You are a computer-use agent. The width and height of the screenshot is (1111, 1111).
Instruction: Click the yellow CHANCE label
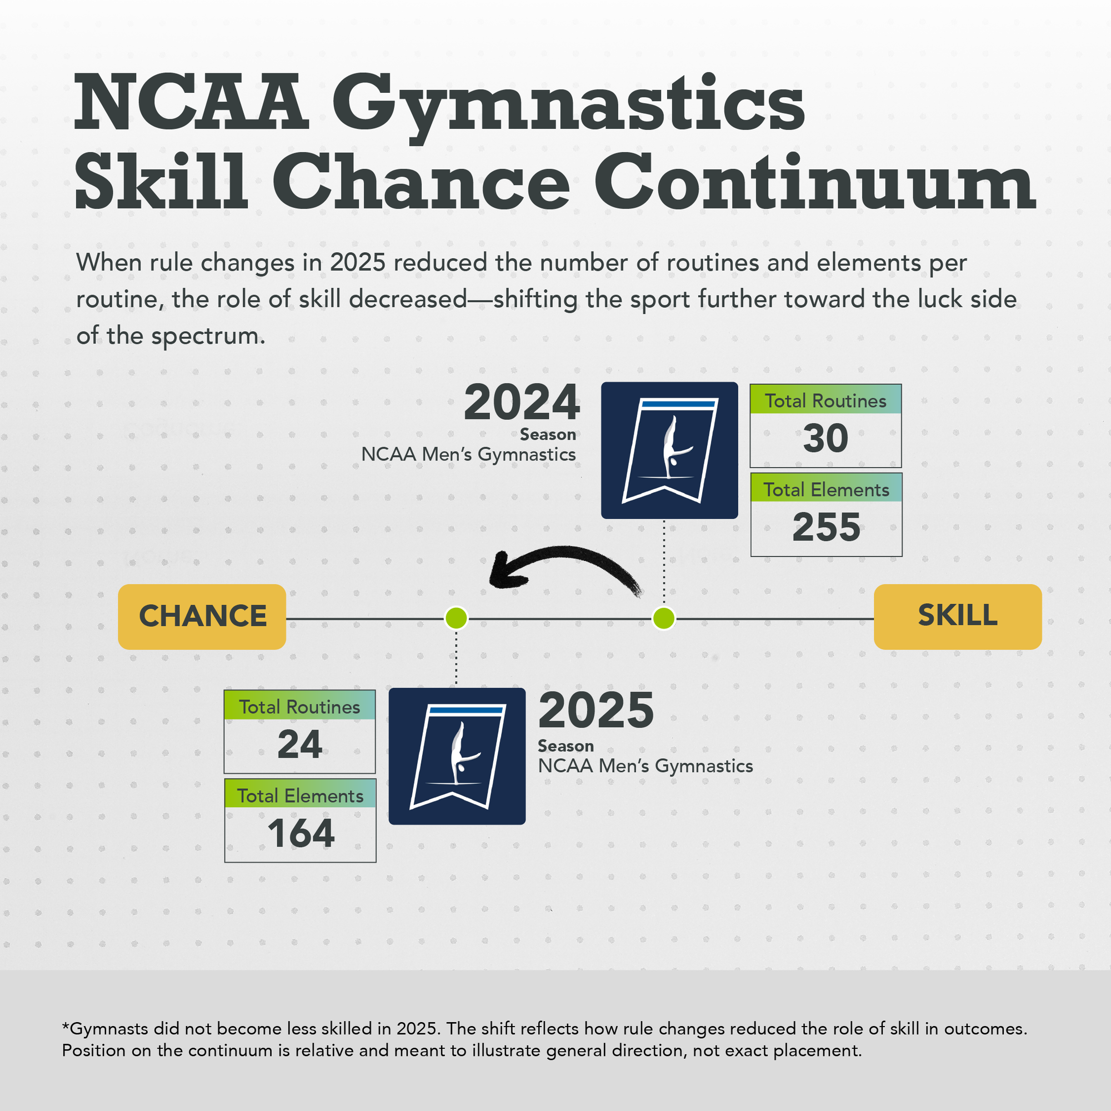202,617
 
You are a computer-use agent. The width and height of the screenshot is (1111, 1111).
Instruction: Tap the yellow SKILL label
958,617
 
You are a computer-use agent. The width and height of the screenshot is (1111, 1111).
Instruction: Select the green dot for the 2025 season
457,619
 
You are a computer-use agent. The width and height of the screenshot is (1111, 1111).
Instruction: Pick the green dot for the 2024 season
664,619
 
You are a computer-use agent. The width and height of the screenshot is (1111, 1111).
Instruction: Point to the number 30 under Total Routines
826,439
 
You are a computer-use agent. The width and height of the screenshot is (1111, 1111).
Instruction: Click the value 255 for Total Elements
827,527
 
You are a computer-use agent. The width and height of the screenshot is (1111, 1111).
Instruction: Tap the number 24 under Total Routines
299,745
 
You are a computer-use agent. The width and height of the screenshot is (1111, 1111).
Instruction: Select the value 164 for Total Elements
301,833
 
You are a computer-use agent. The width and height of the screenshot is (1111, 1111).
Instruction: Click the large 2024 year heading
522,403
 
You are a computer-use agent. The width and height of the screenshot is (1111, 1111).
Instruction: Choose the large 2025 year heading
596,711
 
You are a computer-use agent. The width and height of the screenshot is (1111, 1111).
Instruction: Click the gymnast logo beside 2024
669,451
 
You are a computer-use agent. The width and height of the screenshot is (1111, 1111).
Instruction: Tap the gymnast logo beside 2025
457,756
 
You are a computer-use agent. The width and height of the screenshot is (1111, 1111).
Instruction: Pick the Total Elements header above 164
300,796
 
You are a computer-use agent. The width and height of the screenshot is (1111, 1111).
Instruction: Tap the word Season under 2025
566,746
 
